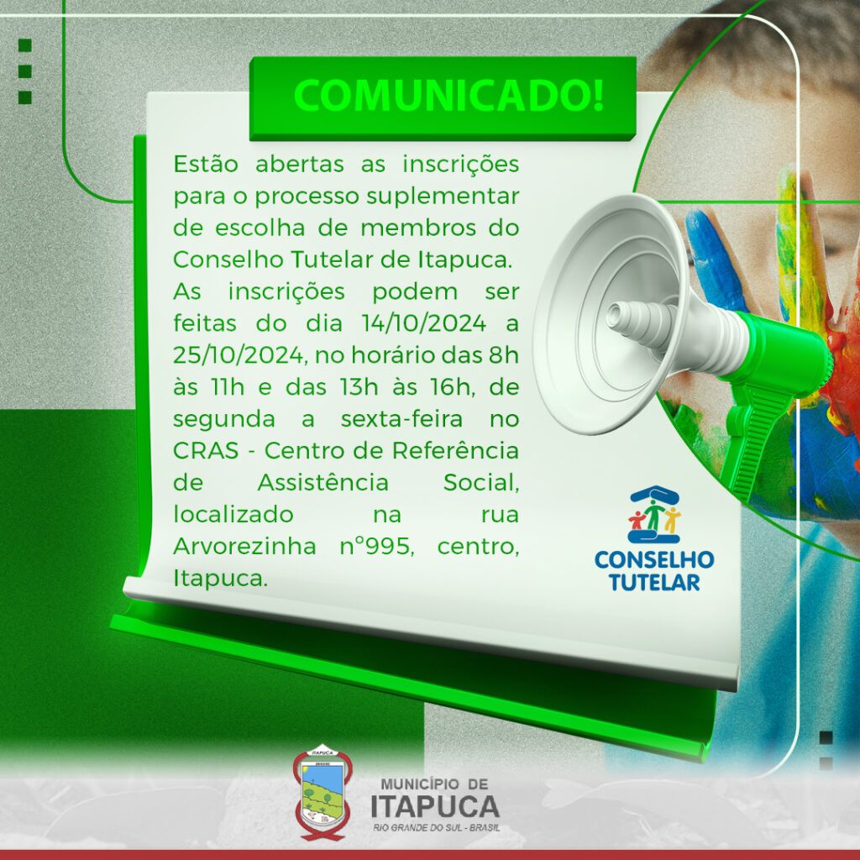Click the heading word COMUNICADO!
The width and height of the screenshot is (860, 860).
click(x=448, y=96)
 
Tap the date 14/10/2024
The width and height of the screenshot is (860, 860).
click(x=423, y=323)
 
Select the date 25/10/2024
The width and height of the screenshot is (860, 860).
click(x=238, y=355)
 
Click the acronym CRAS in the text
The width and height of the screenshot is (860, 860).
click(x=207, y=450)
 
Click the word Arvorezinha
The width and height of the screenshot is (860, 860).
click(x=244, y=546)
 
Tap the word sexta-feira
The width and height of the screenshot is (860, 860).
click(x=401, y=419)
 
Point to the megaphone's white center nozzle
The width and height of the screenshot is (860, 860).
click(x=642, y=320)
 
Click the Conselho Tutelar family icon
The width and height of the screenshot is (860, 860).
click(x=654, y=514)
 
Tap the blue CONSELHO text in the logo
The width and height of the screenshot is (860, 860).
click(x=654, y=560)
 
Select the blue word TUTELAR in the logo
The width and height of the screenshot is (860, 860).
click(x=654, y=583)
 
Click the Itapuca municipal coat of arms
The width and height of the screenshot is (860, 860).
click(x=322, y=792)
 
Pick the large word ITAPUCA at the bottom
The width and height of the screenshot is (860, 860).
click(x=435, y=806)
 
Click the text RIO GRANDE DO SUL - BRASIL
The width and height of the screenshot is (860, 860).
click(x=437, y=827)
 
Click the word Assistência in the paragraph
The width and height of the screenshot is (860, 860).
click(x=323, y=483)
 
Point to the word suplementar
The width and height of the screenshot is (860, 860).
click(x=443, y=197)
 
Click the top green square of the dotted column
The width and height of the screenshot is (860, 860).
click(x=24, y=45)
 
